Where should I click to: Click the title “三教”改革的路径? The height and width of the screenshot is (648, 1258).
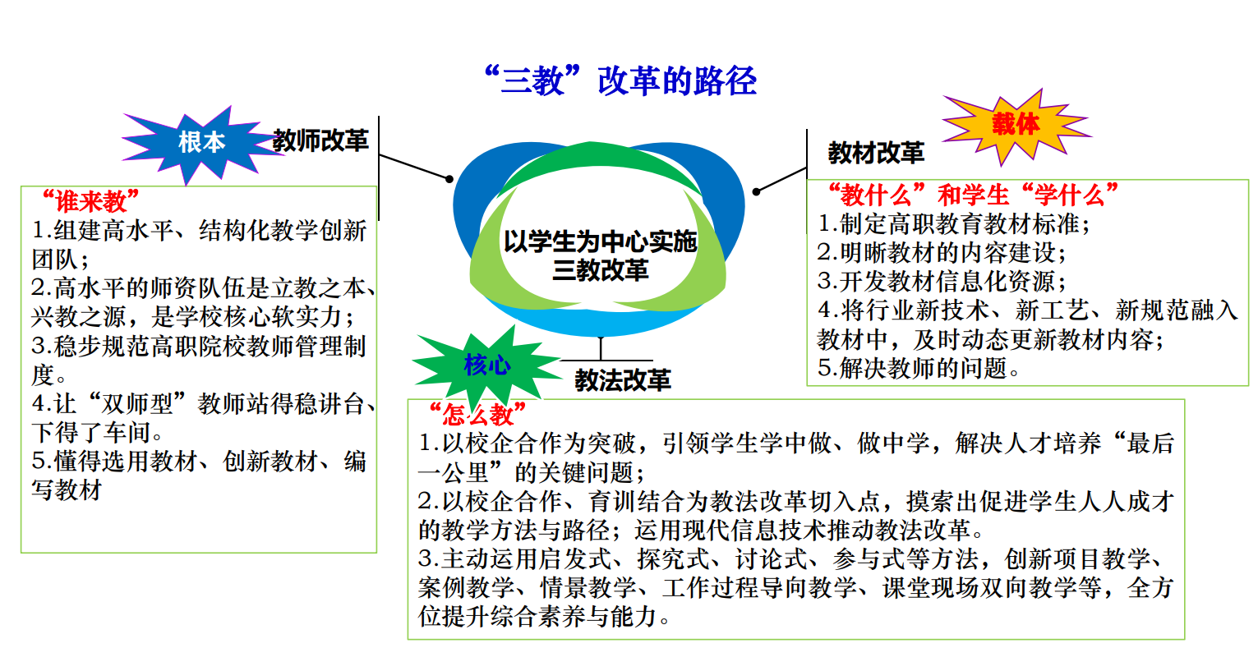(x=620, y=80)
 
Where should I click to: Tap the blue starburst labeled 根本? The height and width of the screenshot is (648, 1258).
(x=201, y=144)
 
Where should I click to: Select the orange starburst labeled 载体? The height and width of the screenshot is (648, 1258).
(x=1016, y=126)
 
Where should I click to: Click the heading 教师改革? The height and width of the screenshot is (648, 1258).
(x=320, y=140)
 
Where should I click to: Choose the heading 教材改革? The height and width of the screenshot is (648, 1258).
(x=876, y=153)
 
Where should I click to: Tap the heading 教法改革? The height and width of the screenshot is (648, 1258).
(x=623, y=380)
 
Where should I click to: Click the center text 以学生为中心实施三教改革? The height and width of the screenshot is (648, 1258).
(x=601, y=255)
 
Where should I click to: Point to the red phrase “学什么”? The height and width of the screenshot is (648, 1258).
(x=1069, y=195)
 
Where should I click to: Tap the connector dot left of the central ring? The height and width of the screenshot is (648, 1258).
(x=449, y=179)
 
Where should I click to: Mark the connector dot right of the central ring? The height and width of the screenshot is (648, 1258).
(x=757, y=192)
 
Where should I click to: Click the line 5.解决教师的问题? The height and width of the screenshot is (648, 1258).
(x=918, y=369)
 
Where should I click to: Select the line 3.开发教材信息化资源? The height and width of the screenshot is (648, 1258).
(x=942, y=282)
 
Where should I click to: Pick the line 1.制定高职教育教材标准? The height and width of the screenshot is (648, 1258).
(x=954, y=224)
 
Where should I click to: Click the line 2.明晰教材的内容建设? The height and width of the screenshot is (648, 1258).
(x=942, y=253)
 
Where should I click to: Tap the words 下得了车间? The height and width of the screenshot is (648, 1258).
(x=91, y=432)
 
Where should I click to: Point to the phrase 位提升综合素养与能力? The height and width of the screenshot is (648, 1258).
(x=538, y=617)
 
